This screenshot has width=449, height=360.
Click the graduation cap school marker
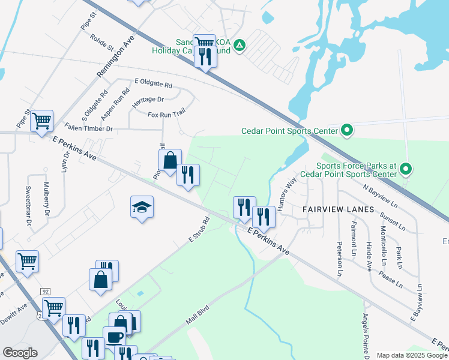tap(142, 208)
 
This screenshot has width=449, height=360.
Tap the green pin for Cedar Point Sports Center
tap(346, 130)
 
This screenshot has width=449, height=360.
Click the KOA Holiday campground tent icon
tap(239, 45)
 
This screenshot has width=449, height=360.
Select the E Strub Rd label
tap(197, 231)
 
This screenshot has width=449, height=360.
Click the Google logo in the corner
tap(20, 353)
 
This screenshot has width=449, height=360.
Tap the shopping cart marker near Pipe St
tap(42, 121)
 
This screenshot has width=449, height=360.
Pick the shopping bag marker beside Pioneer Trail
tap(170, 160)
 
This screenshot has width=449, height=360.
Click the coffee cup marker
tap(114, 336)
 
